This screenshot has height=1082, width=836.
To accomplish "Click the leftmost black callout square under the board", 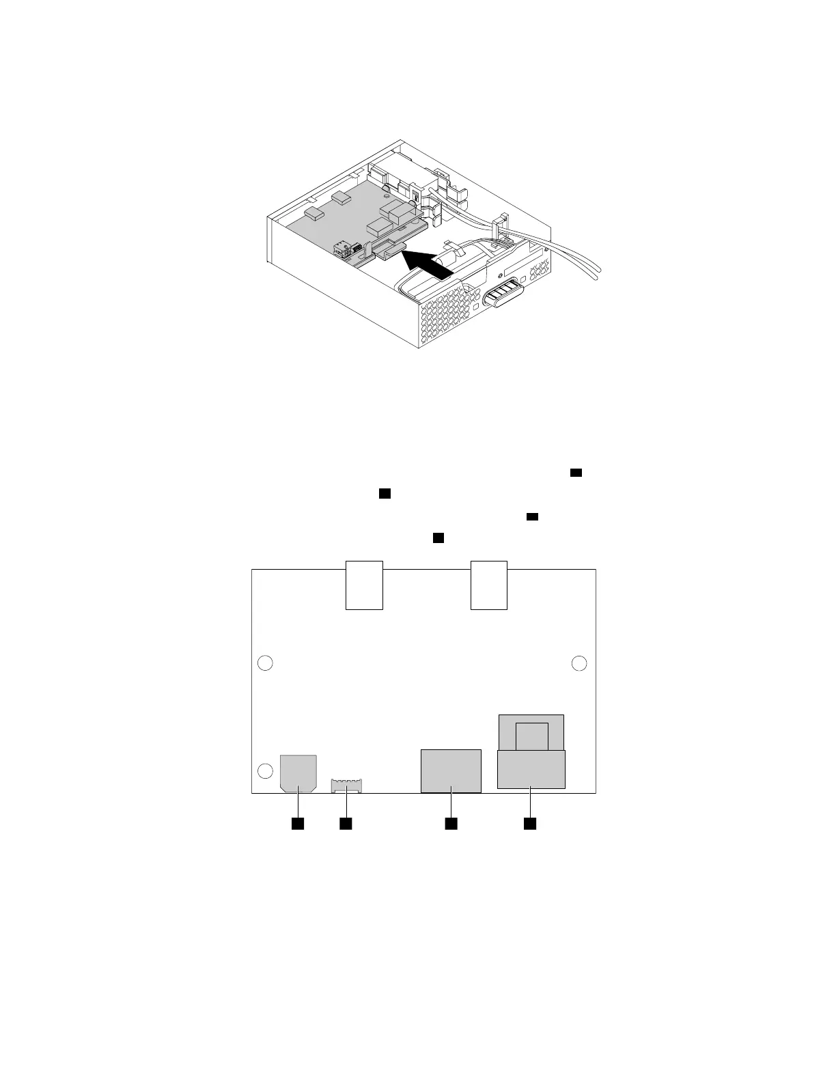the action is [298, 824].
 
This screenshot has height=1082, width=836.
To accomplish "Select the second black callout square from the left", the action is [346, 824].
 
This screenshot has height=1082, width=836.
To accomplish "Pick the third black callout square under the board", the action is [451, 824].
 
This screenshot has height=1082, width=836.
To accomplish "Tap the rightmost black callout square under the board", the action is [530, 824].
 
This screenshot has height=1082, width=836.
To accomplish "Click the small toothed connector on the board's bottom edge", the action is [347, 786].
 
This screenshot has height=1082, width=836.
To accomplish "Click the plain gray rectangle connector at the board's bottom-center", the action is [451, 771].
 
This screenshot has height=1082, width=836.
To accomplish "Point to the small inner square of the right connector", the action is [532, 736].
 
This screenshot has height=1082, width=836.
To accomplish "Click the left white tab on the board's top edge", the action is [364, 585].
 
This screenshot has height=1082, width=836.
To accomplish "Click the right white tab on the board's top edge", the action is [489, 585].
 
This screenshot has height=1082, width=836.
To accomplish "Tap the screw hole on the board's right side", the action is [579, 663].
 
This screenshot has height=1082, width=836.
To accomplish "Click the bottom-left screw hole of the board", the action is [265, 771].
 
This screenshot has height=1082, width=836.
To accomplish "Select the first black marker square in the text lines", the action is [576, 473].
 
